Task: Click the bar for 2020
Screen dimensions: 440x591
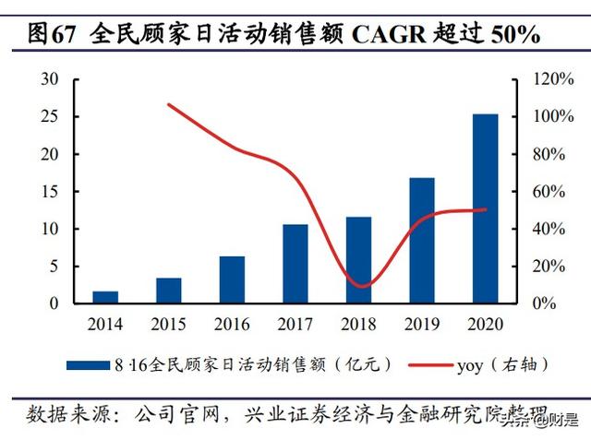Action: (485, 208)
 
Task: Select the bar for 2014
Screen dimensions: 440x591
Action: (105, 297)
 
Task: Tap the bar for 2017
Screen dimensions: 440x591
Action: (295, 264)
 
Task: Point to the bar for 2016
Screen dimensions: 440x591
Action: (232, 279)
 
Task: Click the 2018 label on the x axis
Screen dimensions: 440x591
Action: (358, 324)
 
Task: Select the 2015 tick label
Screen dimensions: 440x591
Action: (168, 324)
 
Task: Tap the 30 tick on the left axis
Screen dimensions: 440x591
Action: (50, 80)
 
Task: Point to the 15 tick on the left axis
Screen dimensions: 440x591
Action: (50, 192)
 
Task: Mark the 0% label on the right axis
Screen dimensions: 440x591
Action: (547, 303)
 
